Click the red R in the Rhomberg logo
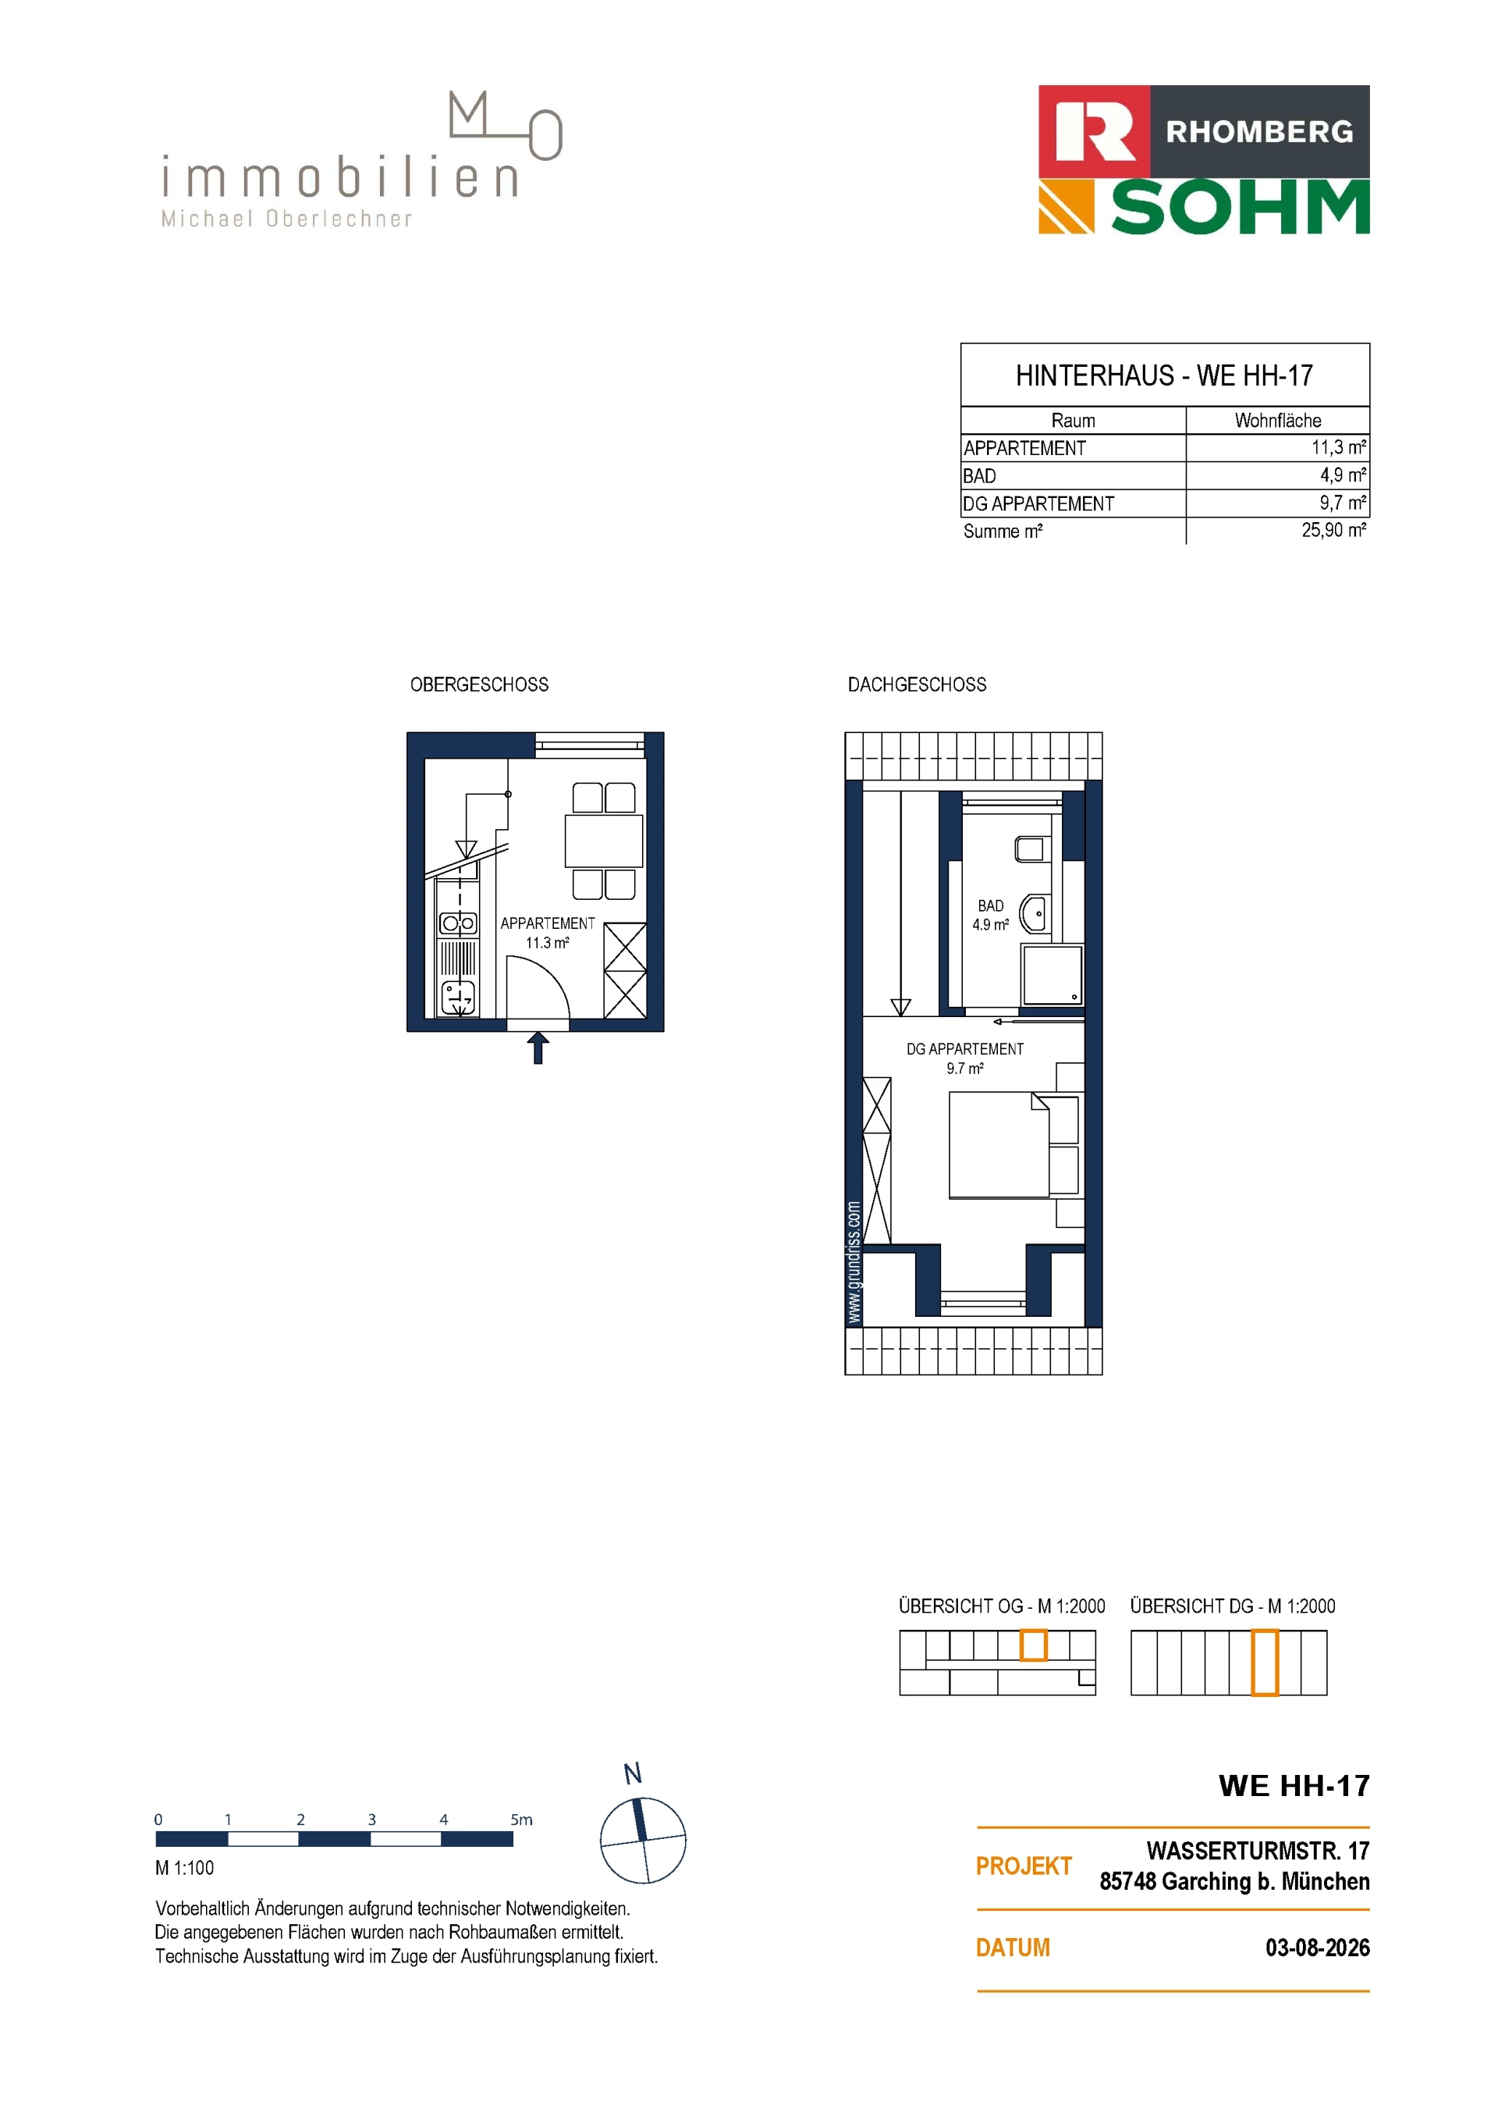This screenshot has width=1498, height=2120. coord(1095,131)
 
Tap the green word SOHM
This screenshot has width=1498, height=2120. coord(1240,208)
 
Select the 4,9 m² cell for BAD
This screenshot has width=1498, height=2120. coord(1343,475)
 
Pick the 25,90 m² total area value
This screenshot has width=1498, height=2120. coord(1333,530)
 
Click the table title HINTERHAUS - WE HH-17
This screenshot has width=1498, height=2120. coord(1164,375)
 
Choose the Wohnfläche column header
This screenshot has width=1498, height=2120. coord(1277,420)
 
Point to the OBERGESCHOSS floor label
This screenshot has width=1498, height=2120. coord(479,685)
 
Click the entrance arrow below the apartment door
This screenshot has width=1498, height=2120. coord(538,1047)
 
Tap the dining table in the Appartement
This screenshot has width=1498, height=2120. coord(604,840)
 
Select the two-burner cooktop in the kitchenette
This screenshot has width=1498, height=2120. coord(458,923)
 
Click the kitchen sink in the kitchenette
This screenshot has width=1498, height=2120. coord(458,998)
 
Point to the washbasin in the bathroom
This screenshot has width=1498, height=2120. coord(1034,914)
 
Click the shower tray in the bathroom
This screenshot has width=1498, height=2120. coord(1051,975)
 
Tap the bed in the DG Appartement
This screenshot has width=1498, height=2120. coord(999,1145)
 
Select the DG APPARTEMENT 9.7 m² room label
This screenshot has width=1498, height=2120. coord(964,1058)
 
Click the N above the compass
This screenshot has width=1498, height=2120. coord(632,1773)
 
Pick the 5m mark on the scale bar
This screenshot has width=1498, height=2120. coord(521,1820)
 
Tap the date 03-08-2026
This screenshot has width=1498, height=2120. coord(1317,1947)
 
